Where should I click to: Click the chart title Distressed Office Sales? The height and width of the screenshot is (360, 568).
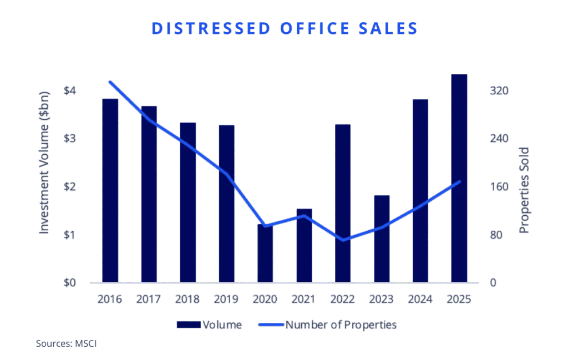(284, 29)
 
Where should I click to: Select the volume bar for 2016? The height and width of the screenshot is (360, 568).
(111, 189)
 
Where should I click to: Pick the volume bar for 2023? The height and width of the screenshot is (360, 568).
(382, 239)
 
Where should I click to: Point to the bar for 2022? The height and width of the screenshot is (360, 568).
(342, 202)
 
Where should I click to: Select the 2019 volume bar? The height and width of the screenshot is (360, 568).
(226, 202)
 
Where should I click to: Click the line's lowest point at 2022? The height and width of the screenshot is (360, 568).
(343, 240)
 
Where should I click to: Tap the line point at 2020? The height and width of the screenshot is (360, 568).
(266, 226)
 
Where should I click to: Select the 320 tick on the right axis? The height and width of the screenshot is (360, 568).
(499, 90)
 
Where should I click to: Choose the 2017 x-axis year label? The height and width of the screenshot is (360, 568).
(149, 300)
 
